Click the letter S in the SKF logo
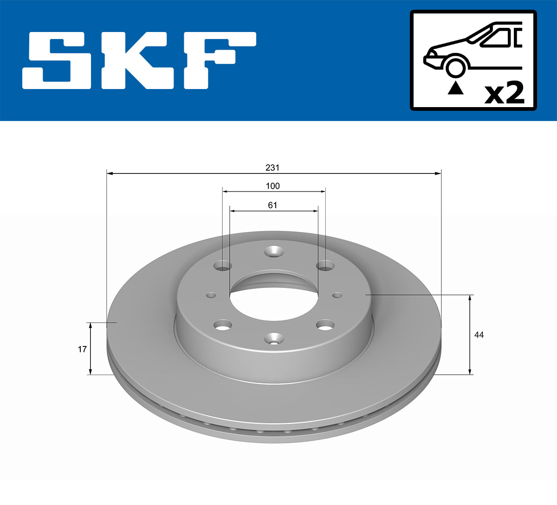58,60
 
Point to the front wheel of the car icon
455,66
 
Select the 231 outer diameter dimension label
272,167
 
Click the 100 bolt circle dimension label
272,186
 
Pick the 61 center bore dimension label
272,205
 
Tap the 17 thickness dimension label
82,349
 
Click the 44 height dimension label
479,334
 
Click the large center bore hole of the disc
274,301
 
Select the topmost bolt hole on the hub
274,252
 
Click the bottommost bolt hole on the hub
274,339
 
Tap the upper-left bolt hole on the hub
223,266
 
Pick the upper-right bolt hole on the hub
325,266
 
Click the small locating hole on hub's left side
211,295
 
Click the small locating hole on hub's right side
337,295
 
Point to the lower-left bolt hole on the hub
223,325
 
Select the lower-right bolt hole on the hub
325,325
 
